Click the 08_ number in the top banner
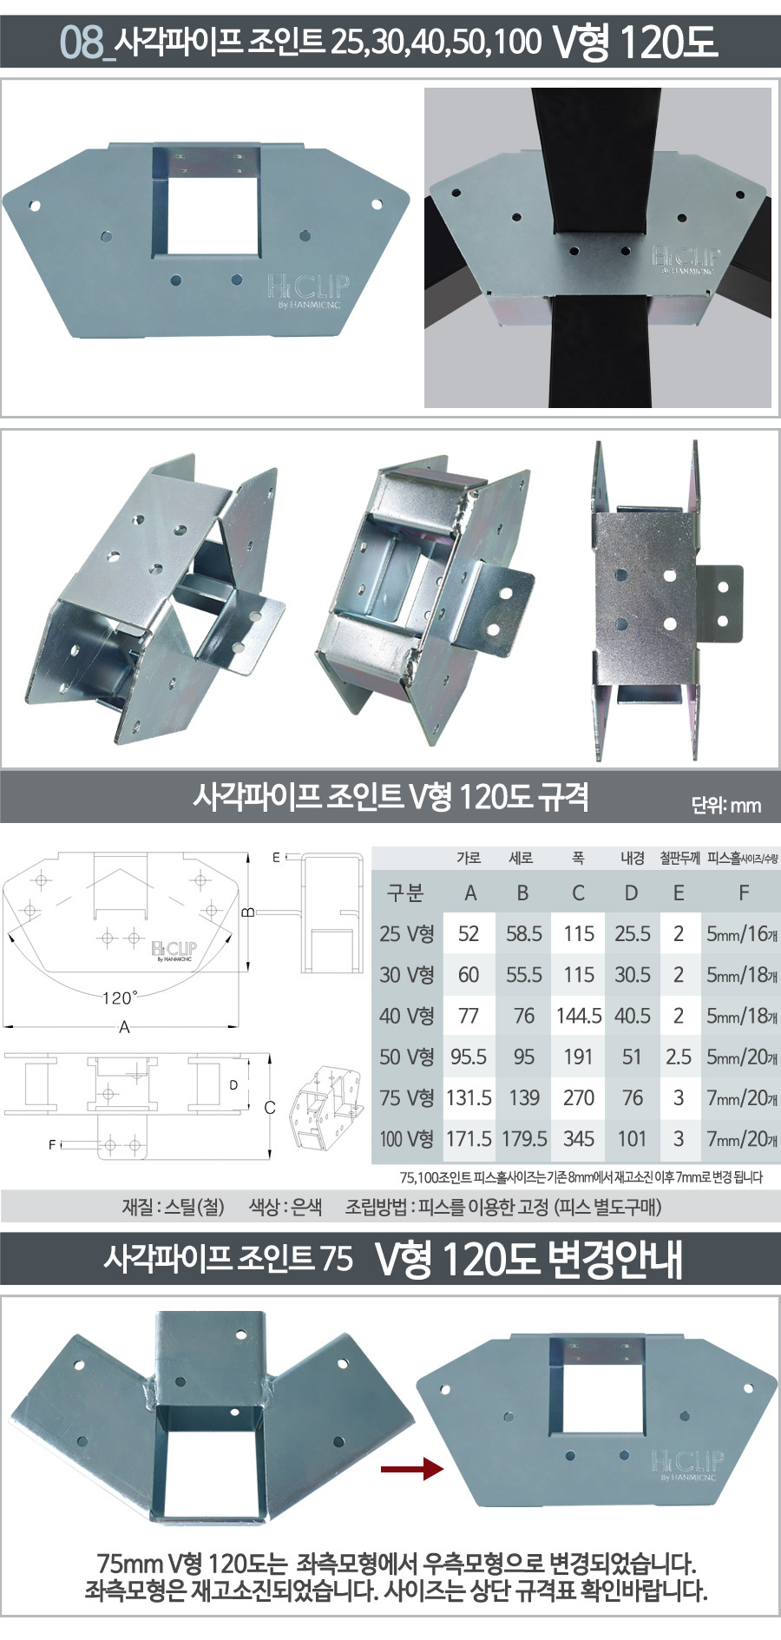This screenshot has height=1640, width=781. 86,42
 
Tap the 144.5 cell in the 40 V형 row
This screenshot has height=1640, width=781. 579,1016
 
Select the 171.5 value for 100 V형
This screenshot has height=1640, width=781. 469,1139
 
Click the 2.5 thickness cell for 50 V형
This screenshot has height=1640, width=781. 679,1057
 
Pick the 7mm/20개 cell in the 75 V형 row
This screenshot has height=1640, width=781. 742,1098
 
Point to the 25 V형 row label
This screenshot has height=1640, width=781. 406,934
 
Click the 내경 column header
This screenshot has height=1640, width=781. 632,858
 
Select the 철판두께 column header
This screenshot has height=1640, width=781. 679,858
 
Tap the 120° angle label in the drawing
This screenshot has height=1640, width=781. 120,998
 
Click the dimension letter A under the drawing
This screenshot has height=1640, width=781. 124,1027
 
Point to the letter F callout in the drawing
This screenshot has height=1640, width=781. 51,1145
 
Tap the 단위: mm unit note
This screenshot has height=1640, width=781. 725,805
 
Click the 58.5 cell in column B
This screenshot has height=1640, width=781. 523,934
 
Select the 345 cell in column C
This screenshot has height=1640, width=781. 579,1139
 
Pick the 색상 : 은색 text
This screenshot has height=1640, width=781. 285,1207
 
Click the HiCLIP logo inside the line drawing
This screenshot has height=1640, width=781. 174,951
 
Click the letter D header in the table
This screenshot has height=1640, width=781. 632,892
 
